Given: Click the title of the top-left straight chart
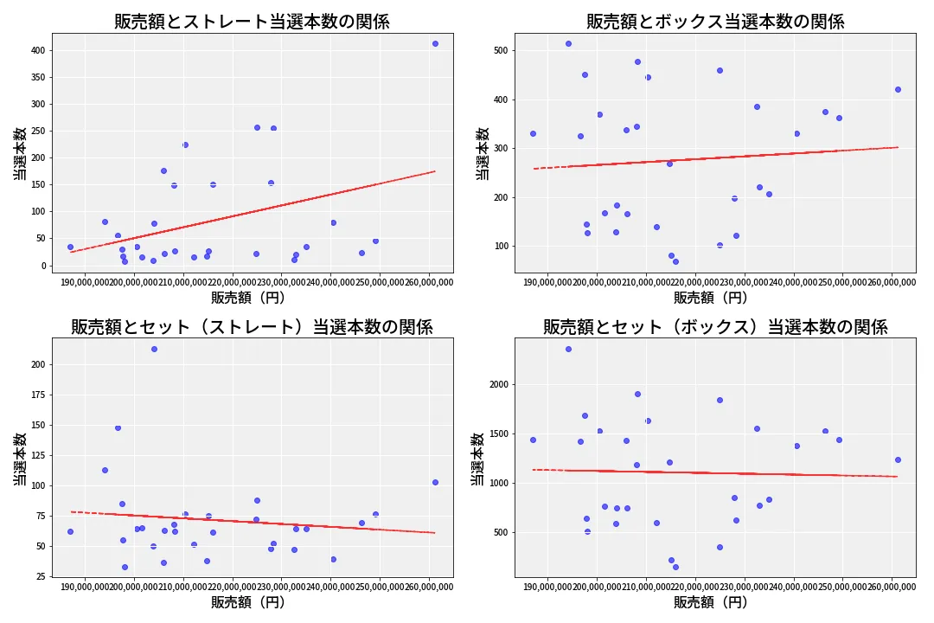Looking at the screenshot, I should [x=252, y=22].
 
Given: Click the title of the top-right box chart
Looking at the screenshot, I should [x=715, y=22].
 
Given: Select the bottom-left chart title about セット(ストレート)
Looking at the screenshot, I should [x=252, y=327].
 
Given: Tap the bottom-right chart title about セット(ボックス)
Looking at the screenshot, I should [x=715, y=327].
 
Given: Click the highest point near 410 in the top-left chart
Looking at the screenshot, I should [x=435, y=43].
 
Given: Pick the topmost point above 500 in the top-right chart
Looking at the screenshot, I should [x=568, y=43].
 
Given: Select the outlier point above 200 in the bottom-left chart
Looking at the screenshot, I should [x=154, y=349].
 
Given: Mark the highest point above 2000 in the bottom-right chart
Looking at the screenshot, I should [x=568, y=349].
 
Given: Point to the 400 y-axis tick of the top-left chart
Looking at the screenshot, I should [x=36, y=50].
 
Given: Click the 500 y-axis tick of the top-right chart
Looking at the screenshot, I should [x=500, y=50].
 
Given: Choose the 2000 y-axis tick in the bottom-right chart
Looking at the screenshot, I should [x=496, y=384].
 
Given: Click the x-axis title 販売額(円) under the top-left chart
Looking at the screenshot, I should [x=248, y=298].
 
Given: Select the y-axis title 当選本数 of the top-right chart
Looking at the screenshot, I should [x=483, y=153].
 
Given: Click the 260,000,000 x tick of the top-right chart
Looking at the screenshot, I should [x=892, y=281].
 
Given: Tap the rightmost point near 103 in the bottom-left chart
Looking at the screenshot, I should [x=435, y=482].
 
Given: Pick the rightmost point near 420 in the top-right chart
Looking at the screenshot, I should [x=898, y=89].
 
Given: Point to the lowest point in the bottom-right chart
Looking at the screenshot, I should [x=675, y=567].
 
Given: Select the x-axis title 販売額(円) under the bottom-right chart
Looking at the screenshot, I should [x=711, y=602].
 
